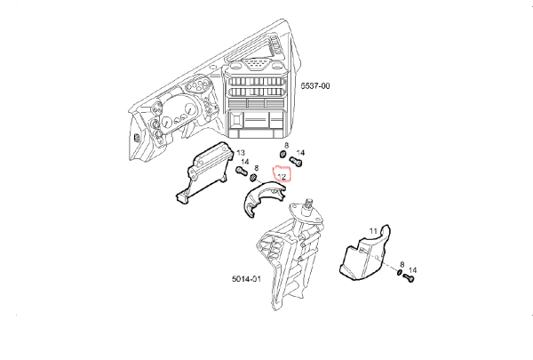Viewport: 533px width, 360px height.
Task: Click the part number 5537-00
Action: (x=315, y=85)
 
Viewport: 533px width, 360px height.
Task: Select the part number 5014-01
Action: (x=246, y=279)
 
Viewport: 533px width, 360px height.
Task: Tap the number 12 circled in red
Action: (x=282, y=177)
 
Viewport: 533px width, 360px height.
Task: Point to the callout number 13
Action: (x=241, y=153)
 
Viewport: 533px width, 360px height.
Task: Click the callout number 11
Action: (x=373, y=231)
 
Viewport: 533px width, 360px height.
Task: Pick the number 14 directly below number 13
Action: (x=245, y=162)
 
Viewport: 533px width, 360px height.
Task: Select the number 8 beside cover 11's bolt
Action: (x=402, y=264)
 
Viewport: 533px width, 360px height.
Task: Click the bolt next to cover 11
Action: (x=409, y=278)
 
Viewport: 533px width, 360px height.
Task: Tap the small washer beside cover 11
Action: (x=400, y=272)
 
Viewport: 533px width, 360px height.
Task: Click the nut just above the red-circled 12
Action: (x=282, y=155)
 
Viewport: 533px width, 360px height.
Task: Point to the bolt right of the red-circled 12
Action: (x=296, y=161)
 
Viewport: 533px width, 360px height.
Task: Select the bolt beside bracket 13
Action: (x=242, y=171)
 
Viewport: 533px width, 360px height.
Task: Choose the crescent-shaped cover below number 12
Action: (x=264, y=198)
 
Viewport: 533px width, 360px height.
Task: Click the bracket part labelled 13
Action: (x=205, y=172)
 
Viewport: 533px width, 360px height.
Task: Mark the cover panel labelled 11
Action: (x=365, y=253)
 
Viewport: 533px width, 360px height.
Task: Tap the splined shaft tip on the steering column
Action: (x=309, y=204)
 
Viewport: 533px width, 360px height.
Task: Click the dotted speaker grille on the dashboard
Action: (x=256, y=63)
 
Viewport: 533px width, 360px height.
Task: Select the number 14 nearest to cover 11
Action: (x=412, y=270)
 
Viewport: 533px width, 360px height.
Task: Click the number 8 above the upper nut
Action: (x=286, y=146)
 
